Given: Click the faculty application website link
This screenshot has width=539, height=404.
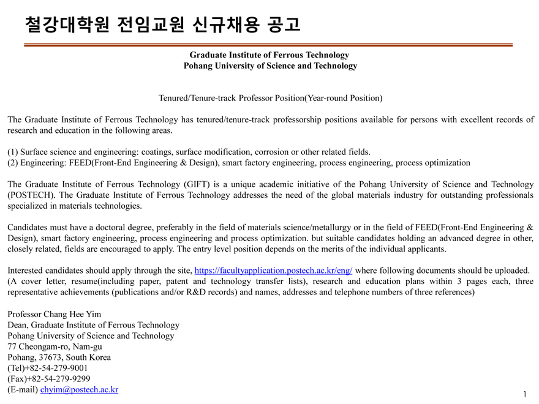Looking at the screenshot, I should (x=273, y=271).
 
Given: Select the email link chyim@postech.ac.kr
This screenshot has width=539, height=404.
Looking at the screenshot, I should (x=79, y=389).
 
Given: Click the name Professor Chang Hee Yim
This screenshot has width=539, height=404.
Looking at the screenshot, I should (x=55, y=314).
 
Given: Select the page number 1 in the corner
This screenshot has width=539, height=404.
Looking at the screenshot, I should (x=525, y=394).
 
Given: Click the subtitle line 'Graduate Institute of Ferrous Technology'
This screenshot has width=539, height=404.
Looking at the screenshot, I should (x=269, y=55).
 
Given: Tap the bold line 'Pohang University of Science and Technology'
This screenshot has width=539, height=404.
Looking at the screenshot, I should (x=269, y=65).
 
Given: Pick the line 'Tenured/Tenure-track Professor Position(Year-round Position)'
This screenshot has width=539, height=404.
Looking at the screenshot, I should (x=269, y=98).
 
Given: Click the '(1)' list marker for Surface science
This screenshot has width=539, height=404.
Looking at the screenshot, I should (x=13, y=152).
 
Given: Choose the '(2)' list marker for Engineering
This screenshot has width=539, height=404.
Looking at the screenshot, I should (x=13, y=163).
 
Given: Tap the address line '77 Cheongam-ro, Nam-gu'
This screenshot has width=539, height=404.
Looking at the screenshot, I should (x=55, y=346).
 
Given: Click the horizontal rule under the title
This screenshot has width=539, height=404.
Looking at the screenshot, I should (x=268, y=45).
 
